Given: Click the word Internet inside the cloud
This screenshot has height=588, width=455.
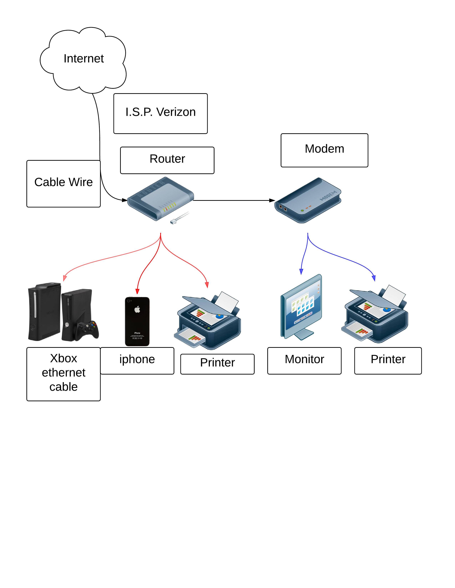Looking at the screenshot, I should (x=84, y=59).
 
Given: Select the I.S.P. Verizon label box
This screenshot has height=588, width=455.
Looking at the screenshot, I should (x=160, y=113).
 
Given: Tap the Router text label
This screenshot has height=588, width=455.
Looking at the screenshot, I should (x=167, y=159).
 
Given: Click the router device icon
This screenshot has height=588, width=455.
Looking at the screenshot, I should (x=160, y=199).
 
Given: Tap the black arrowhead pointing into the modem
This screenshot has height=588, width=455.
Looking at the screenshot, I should (x=272, y=200).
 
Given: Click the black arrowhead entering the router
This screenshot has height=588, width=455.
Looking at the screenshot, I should (x=125, y=200).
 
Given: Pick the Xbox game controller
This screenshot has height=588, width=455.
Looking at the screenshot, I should (x=87, y=330).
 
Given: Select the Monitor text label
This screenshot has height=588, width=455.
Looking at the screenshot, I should (x=304, y=359).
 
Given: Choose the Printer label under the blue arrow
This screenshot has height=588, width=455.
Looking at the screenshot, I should (x=388, y=359).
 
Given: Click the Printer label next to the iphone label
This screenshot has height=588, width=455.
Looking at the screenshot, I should (x=217, y=363).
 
